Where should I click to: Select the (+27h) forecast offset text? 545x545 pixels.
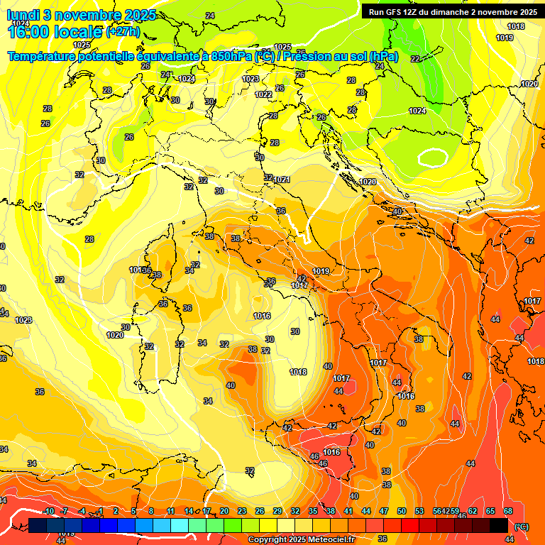123,32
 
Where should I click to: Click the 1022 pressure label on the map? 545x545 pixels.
263,94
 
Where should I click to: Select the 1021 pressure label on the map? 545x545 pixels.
282,180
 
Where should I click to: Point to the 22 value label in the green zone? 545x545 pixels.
415,59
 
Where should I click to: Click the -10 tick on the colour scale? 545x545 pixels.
49,511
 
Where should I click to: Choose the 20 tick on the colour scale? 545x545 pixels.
224,511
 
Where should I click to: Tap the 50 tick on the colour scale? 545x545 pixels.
401,511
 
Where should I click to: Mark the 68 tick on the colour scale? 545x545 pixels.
508,511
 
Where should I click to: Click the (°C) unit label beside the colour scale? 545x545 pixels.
522,526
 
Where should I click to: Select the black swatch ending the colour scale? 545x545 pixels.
499,525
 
